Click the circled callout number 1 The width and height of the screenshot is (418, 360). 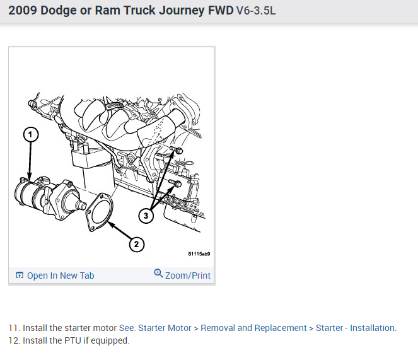click(x=30, y=134)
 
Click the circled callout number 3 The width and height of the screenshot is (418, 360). click(x=146, y=216)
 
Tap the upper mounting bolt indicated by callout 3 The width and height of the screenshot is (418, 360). click(x=178, y=151)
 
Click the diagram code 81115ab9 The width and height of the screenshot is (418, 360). click(x=199, y=255)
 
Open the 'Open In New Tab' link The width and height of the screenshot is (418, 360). click(x=61, y=276)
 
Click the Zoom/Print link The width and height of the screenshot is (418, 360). click(x=187, y=276)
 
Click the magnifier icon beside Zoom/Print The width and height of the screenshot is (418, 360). click(x=158, y=274)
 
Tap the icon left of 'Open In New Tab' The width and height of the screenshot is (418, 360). click(x=20, y=276)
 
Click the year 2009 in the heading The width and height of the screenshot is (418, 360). click(x=23, y=10)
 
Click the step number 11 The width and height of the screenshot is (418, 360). click(x=13, y=328)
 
